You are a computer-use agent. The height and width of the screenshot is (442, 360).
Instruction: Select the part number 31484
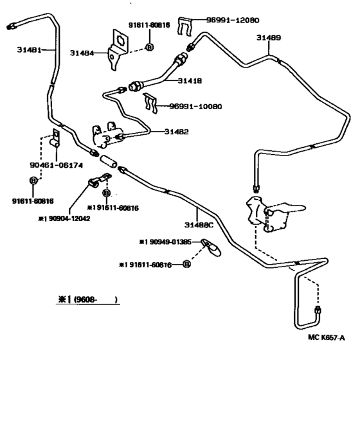(82, 53)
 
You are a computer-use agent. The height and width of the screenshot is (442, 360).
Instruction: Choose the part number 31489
(268, 38)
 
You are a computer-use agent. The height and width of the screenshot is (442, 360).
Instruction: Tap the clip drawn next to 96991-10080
(152, 102)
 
